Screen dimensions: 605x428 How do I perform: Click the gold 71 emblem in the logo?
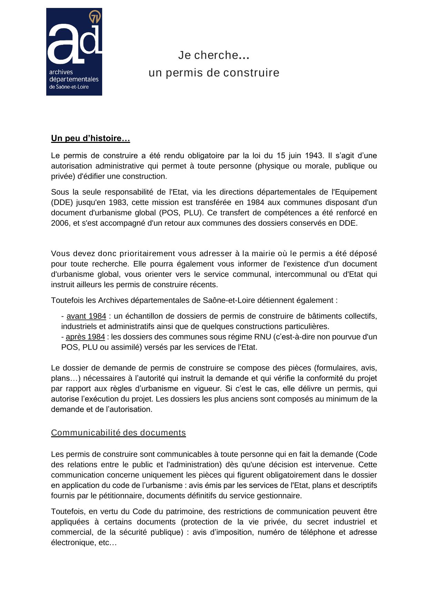click(95, 17)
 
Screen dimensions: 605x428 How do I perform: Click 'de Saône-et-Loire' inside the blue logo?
click(69, 87)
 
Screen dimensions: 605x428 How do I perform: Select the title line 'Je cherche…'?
click(214, 55)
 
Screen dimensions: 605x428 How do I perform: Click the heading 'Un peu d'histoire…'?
click(90, 138)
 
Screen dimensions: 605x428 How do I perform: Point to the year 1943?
click(313, 155)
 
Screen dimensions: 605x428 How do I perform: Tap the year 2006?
click(60, 223)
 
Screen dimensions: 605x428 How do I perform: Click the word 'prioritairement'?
click(147, 254)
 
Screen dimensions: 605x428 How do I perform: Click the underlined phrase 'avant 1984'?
click(86, 316)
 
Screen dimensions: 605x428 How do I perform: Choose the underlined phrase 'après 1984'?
click(85, 337)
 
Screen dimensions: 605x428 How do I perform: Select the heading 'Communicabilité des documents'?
click(118, 433)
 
